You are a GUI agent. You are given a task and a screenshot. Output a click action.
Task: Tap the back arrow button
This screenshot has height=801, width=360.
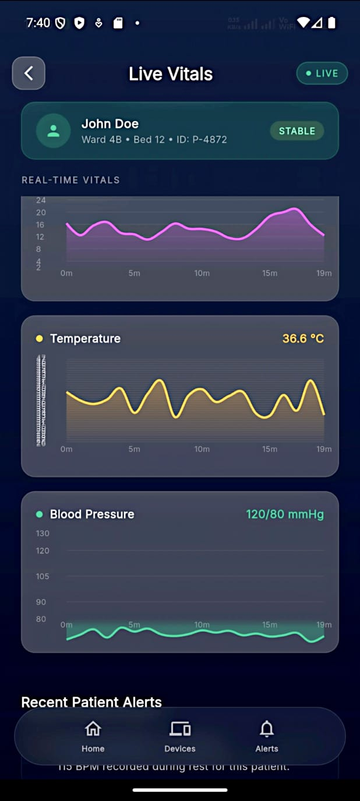click(29, 73)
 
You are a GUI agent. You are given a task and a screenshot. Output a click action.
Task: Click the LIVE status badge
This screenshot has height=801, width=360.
click(322, 73)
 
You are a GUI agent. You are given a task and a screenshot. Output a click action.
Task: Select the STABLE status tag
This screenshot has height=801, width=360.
click(297, 131)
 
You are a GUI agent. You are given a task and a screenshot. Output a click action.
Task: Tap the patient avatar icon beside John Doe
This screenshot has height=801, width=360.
click(54, 130)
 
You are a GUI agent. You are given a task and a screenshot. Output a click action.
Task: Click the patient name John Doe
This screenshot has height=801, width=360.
click(110, 123)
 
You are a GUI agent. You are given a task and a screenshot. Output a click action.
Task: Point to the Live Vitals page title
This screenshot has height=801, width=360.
click(171, 74)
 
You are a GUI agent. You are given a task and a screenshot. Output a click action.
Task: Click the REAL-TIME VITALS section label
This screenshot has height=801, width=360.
click(70, 180)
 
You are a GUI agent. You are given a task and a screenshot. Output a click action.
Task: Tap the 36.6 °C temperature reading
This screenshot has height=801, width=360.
click(303, 338)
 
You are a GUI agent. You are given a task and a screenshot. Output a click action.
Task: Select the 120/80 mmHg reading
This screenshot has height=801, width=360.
click(284, 514)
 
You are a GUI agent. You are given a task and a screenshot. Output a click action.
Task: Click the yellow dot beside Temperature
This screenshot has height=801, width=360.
click(40, 338)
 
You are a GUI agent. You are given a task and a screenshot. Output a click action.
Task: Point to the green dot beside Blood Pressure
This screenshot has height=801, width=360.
click(40, 514)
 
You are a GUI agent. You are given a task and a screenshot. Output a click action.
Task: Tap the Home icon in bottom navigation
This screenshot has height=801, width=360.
click(93, 729)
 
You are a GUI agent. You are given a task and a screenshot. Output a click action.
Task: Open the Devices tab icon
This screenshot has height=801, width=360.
click(180, 729)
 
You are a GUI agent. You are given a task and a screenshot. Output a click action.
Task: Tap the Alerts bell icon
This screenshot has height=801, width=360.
click(267, 729)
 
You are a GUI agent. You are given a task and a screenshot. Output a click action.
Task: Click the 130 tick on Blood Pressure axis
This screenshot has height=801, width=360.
click(43, 534)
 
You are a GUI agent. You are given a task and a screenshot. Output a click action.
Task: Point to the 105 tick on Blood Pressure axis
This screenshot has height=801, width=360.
click(43, 576)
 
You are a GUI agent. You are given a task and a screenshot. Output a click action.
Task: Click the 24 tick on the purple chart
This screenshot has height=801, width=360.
click(41, 200)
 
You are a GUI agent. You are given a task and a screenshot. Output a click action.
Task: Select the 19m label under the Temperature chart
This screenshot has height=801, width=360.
click(324, 449)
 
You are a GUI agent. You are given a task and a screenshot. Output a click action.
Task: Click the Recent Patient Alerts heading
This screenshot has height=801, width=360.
click(91, 702)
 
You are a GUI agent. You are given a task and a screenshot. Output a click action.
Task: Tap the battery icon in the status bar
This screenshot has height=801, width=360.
click(331, 23)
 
